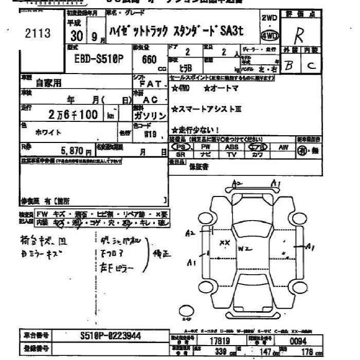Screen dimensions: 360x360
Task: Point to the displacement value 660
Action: point(149,59)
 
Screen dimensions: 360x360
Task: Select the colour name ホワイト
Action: point(48,132)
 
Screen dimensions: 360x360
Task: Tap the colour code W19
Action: point(151,135)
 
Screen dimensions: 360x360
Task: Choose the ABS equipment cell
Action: point(231,147)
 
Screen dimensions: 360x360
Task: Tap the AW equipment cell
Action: point(282,147)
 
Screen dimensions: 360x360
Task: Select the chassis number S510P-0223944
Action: point(111,336)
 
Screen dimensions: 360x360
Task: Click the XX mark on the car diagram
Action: point(225,242)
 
